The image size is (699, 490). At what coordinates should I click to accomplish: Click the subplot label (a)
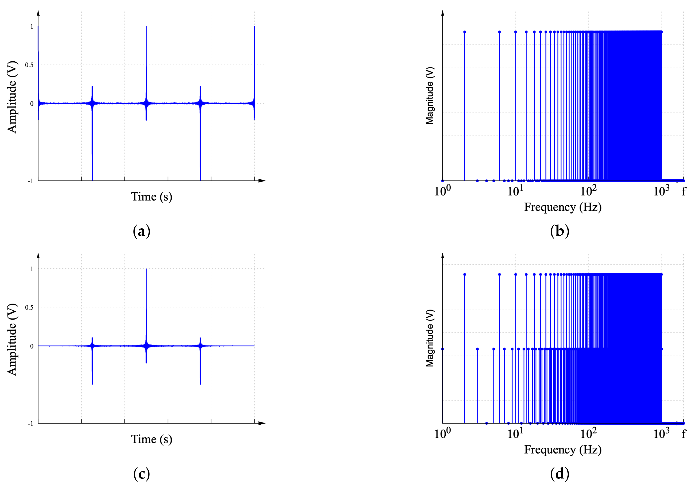142,231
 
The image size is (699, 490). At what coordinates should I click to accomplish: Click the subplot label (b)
560,231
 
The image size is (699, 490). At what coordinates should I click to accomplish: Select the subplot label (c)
142,474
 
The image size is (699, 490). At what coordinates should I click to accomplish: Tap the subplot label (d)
560,474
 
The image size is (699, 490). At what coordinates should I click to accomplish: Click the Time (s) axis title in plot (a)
152,197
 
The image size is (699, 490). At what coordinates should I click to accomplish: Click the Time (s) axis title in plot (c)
152,439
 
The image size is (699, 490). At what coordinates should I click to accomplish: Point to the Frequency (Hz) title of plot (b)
563,207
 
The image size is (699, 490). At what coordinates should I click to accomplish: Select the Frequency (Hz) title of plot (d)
563,450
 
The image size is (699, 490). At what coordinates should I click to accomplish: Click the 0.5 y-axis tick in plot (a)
29,65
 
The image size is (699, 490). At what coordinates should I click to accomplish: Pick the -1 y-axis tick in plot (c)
30,424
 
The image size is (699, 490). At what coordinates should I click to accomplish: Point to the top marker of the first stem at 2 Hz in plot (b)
465,32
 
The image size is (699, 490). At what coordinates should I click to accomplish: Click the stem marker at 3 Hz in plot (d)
477,349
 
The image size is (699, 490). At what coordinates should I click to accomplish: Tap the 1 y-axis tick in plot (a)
32,26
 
